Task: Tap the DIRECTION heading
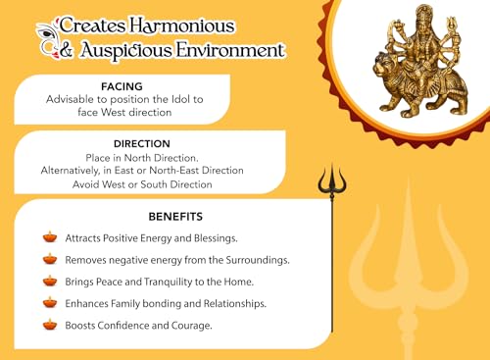click(142, 142)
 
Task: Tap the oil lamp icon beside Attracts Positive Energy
click(50, 236)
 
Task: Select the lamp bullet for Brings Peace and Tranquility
click(50, 281)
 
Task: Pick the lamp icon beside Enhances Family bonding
click(50, 302)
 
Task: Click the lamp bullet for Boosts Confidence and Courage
click(50, 324)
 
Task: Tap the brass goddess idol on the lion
click(413, 65)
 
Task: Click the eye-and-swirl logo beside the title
click(43, 36)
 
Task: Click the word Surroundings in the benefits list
click(253, 260)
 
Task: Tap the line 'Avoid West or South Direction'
click(142, 184)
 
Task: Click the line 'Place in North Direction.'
click(142, 157)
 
